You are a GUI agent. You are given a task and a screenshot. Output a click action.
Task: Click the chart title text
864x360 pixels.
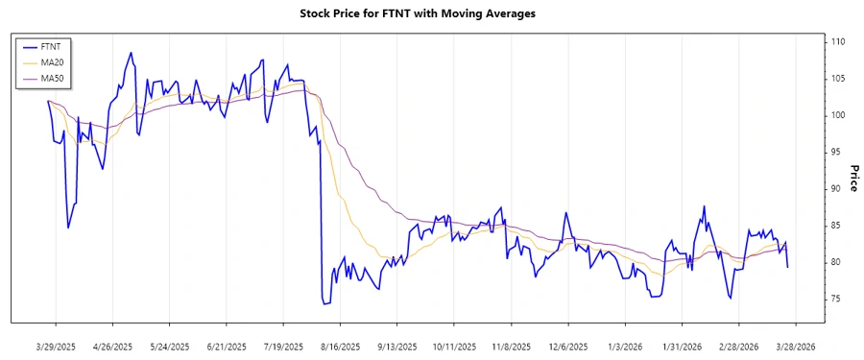click(x=432, y=13)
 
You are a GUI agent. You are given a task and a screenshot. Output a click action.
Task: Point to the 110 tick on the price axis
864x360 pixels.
click(x=839, y=42)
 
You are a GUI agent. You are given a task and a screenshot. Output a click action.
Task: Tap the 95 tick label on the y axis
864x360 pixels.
click(x=837, y=152)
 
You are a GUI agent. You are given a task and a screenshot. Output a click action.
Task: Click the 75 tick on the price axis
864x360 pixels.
click(x=837, y=299)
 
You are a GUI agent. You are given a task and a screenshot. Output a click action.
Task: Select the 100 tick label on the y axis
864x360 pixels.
click(x=839, y=115)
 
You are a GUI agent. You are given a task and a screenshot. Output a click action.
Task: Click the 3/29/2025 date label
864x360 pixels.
click(x=56, y=346)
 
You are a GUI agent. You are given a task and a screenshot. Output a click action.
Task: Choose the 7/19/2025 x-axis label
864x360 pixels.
click(x=282, y=346)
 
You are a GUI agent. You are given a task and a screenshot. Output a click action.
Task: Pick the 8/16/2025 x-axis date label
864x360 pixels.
click(x=340, y=346)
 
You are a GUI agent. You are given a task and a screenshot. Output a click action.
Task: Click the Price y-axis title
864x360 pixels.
click(x=853, y=178)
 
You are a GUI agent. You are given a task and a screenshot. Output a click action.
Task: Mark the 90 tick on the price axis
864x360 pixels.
click(x=837, y=188)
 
